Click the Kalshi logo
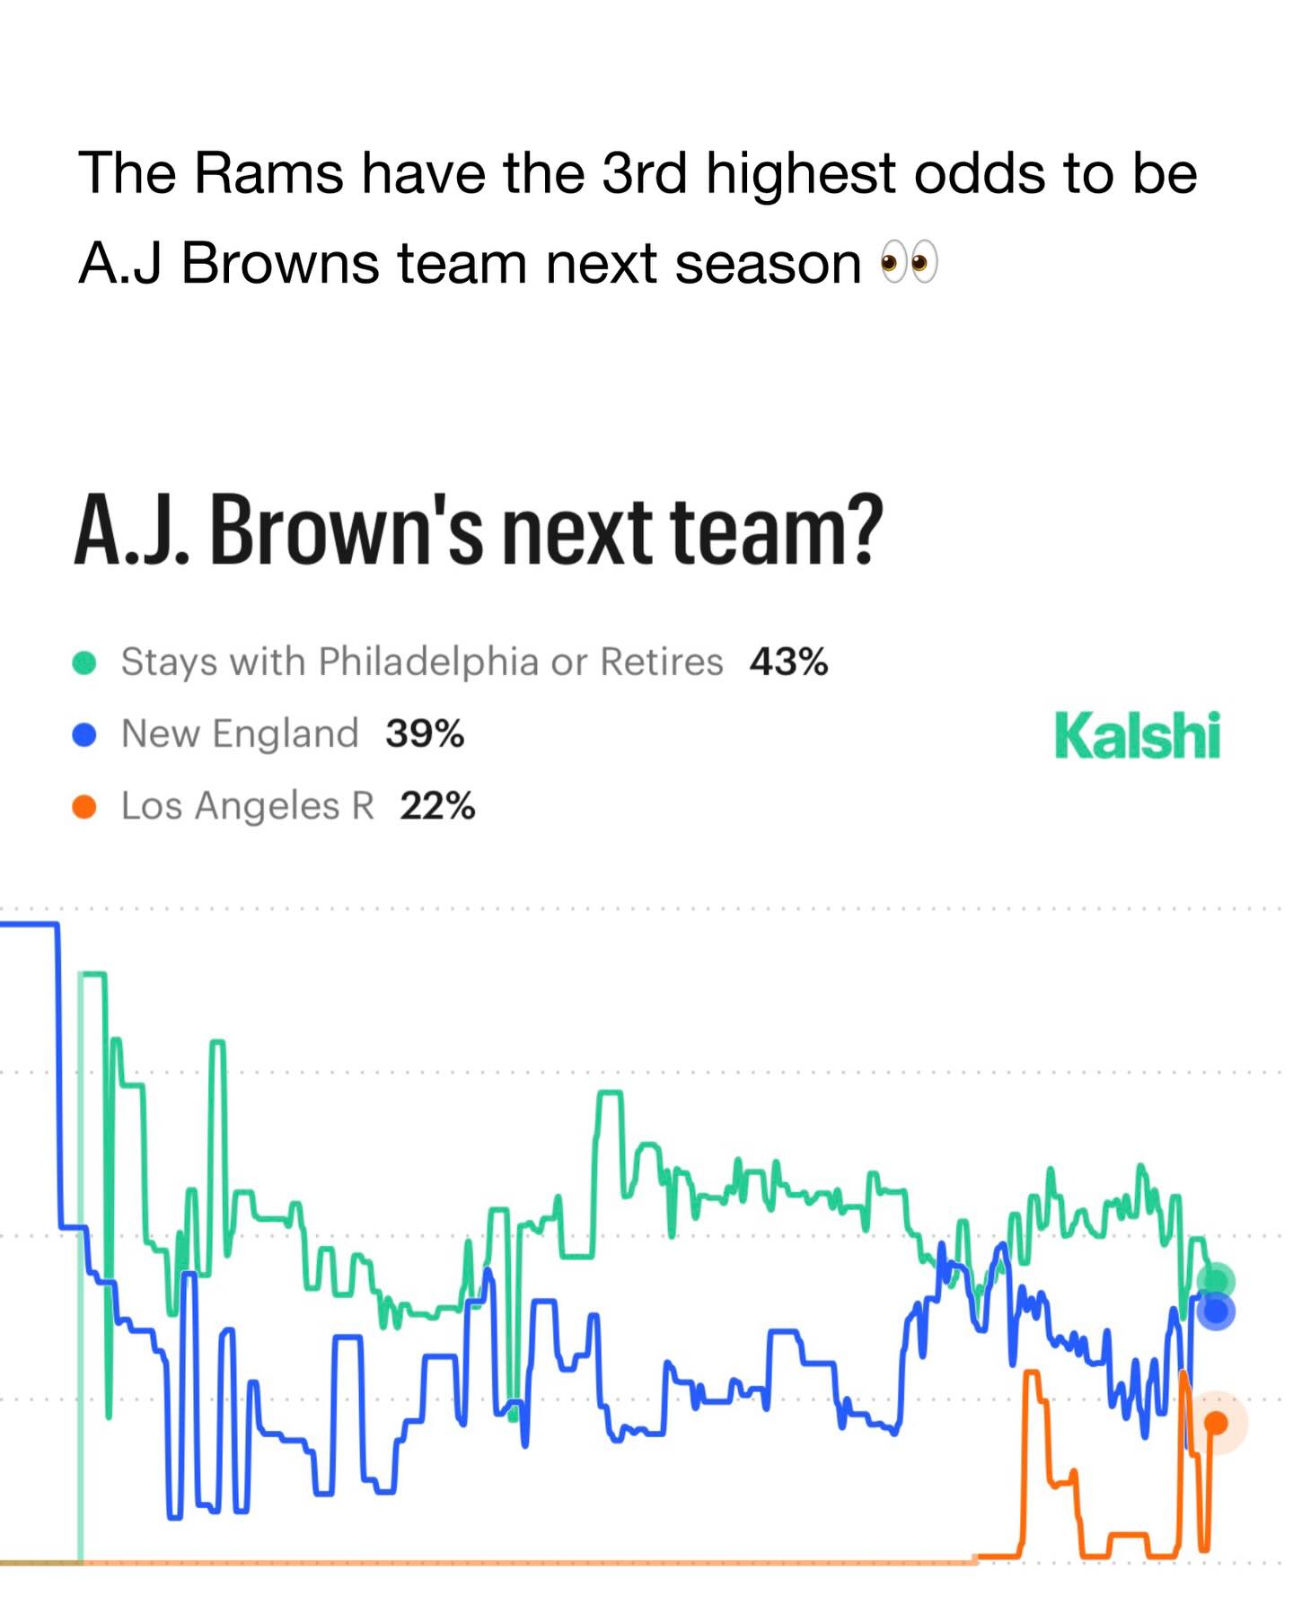[1138, 735]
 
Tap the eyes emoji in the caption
[909, 263]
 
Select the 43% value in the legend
[788, 662]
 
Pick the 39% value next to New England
[425, 733]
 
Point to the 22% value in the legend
[437, 806]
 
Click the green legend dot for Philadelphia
[84, 662]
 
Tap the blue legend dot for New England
[84, 735]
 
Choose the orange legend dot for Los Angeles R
[84, 807]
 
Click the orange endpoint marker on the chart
[1216, 1423]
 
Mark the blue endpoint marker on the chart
[1216, 1311]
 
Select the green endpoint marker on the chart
[1217, 1281]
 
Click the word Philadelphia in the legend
[428, 662]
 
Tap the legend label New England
[240, 734]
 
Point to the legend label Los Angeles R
[248, 806]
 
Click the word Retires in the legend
[662, 662]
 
